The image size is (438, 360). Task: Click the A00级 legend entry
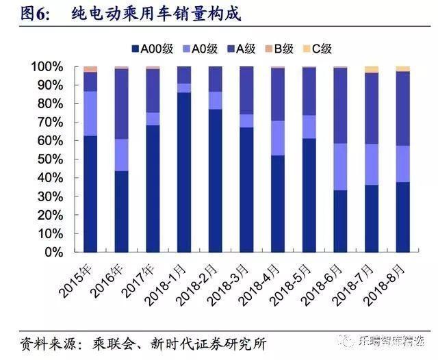[x=153, y=49]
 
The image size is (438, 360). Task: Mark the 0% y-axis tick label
[x=53, y=252]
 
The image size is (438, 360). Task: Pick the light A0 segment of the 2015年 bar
[x=90, y=113]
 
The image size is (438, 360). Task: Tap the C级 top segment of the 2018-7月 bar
[x=372, y=69]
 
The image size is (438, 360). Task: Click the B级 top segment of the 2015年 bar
[x=90, y=69]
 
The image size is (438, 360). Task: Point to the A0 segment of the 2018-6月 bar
[x=340, y=166]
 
